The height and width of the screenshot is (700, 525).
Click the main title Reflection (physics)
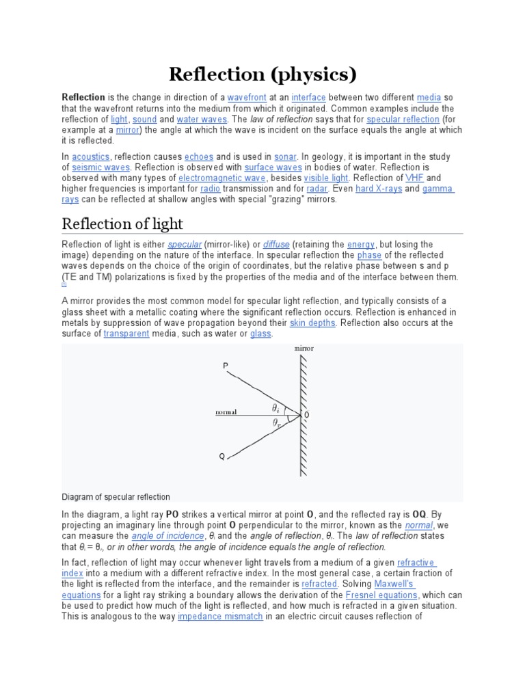pyautogui.click(x=262, y=74)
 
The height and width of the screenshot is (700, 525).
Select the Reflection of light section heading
pyautogui.click(x=122, y=224)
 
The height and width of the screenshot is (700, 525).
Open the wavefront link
pyautogui.click(x=247, y=98)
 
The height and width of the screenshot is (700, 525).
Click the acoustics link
pyautogui.click(x=90, y=157)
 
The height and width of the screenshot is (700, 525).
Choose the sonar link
pyautogui.click(x=285, y=157)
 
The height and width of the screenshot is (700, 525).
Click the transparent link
pyautogui.click(x=126, y=334)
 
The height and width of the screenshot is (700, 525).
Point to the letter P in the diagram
pyautogui.click(x=226, y=366)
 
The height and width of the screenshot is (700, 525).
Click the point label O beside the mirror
pyautogui.click(x=306, y=415)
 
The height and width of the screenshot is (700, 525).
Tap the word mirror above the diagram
pyautogui.click(x=304, y=349)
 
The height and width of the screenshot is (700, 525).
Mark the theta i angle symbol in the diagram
pyautogui.click(x=275, y=407)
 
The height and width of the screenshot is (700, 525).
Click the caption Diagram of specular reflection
pyautogui.click(x=116, y=497)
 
